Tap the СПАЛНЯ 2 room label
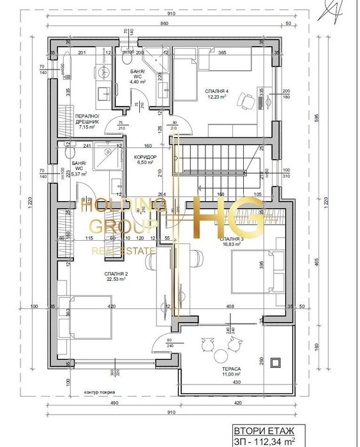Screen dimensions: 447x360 tap(117, 275)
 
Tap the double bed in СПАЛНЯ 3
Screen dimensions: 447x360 tap(259, 270)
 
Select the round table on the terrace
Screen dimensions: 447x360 tap(221, 355)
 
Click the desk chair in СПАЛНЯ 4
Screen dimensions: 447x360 tap(244, 100)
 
